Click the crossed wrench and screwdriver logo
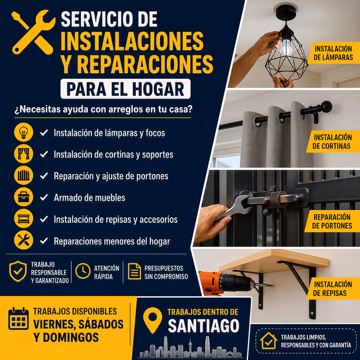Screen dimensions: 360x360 (x=33, y=32)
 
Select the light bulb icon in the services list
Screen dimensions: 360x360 (x=23, y=132)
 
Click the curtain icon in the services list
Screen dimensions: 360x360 (x=23, y=154)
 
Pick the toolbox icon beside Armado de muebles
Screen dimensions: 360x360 (x=23, y=197)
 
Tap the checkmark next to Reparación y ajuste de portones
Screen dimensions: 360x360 (x=44, y=176)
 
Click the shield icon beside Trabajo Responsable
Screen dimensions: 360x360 (x=18, y=271)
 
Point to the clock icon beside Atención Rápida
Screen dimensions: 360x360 (x=83, y=271)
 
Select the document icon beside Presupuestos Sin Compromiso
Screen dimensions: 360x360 (x=134, y=271)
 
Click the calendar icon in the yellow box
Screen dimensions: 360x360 (x=18, y=319)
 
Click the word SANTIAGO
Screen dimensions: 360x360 (x=204, y=326)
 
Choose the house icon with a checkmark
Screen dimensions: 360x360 (x=268, y=341)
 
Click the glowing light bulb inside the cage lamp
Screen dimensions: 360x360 (x=286, y=48)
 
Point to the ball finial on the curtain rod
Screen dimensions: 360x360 (x=326, y=107)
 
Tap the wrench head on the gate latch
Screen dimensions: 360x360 (x=241, y=203)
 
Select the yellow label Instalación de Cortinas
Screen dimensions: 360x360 (x=333, y=142)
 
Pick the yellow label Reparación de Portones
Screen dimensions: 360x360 (x=332, y=221)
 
